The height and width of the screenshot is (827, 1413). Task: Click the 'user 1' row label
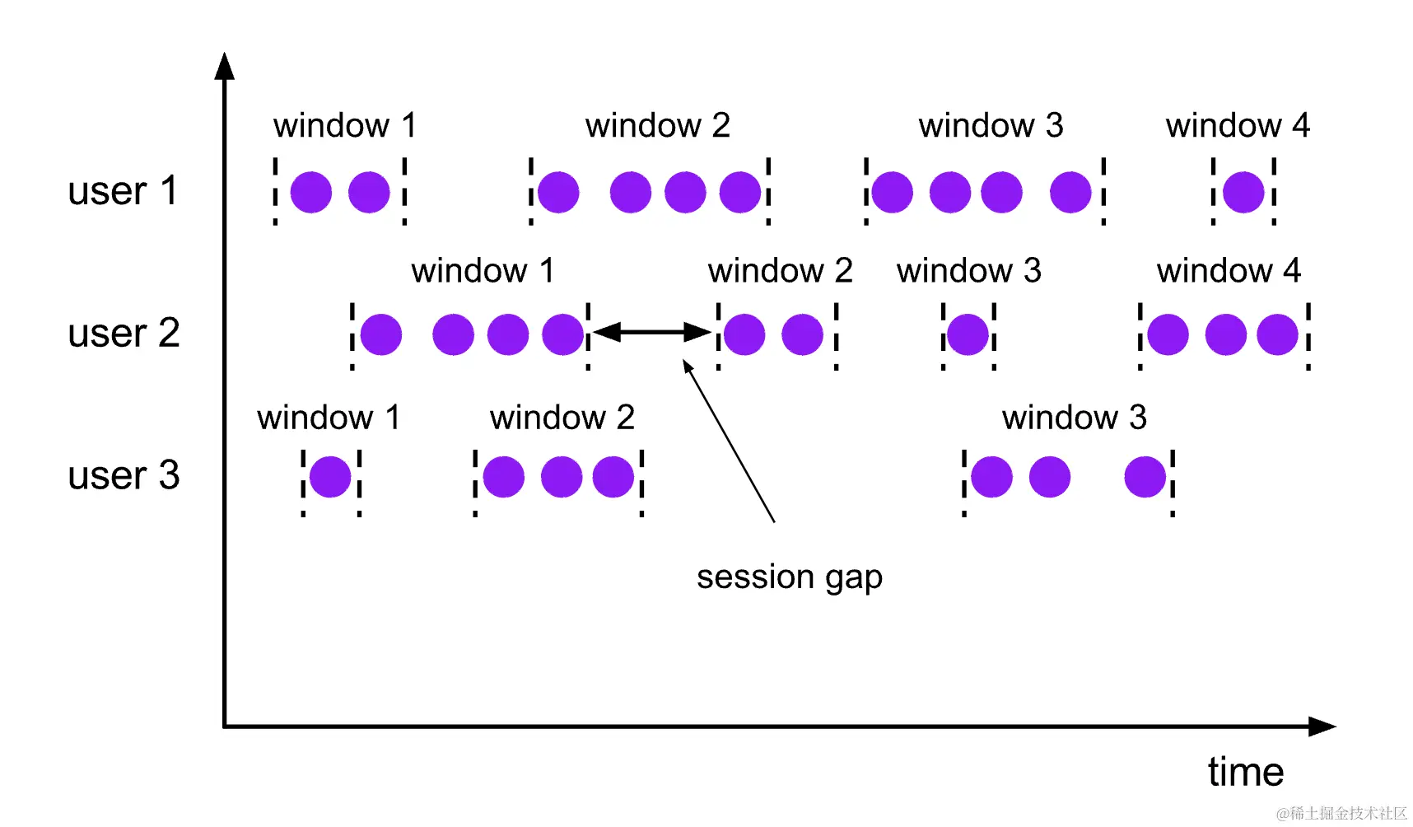[x=123, y=191]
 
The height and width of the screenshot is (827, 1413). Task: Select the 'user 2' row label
[x=124, y=334]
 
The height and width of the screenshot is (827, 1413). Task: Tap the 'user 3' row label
[x=124, y=475]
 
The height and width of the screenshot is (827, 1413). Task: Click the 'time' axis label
[x=1245, y=772]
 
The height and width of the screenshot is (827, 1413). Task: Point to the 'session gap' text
[x=789, y=577]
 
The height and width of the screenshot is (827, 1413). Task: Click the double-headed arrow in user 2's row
[x=651, y=332]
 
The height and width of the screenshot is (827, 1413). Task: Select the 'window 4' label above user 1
[x=1237, y=126]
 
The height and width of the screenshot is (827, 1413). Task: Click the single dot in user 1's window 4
[x=1243, y=192]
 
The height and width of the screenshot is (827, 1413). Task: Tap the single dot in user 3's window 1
[x=330, y=476]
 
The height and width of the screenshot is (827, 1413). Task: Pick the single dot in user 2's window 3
[x=968, y=334]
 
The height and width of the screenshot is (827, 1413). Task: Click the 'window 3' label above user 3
[x=1074, y=418]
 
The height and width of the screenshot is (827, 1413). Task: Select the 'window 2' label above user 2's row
[x=780, y=271]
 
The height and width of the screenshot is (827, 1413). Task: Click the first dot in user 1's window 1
[x=311, y=192]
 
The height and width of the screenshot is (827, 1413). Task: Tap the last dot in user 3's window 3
[x=1145, y=477]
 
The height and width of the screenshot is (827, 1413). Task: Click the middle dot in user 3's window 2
[x=562, y=477]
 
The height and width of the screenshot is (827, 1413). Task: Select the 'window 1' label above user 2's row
[x=483, y=271]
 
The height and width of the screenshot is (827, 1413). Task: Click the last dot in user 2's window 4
[x=1277, y=334]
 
